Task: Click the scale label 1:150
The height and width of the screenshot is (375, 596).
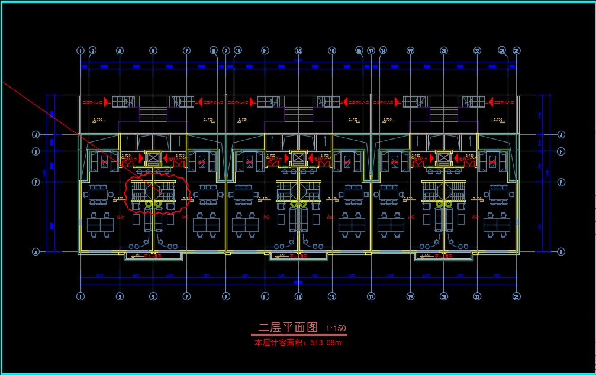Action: click(x=336, y=329)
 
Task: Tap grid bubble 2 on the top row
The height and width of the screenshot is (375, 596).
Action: click(x=92, y=51)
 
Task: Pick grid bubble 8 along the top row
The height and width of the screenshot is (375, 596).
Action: click(x=214, y=51)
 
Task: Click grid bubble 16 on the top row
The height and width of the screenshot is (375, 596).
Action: click(x=359, y=51)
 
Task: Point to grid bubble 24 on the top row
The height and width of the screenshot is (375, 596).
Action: click(x=502, y=51)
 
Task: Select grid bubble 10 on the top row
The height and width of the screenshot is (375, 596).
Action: click(x=238, y=51)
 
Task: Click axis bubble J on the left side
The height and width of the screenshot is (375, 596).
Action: click(x=36, y=135)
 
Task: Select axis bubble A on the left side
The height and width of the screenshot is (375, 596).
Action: click(x=36, y=252)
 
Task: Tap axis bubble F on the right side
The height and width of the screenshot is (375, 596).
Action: click(x=561, y=182)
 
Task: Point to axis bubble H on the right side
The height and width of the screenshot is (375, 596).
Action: click(x=561, y=151)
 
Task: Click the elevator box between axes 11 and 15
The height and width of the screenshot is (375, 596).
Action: click(x=298, y=158)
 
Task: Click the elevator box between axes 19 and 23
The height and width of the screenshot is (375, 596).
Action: click(x=444, y=158)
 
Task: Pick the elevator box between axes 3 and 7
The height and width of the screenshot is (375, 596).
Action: click(x=153, y=158)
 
